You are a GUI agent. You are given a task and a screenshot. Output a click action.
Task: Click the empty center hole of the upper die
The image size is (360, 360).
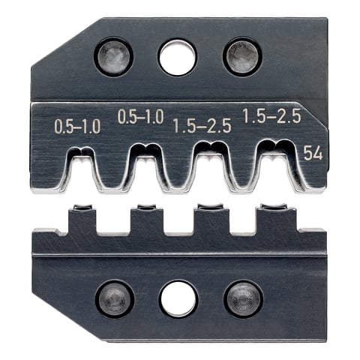point(177,58)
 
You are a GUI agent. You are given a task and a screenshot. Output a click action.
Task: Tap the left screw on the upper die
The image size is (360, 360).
point(113,56)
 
